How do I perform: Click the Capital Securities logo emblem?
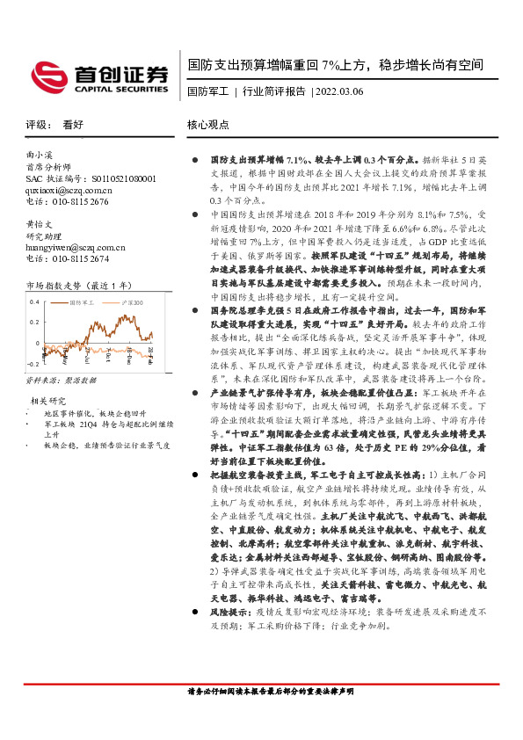click(46, 76)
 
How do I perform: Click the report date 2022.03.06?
click(338, 91)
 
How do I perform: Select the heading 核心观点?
click(207, 125)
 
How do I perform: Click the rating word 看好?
click(74, 125)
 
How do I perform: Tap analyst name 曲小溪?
click(39, 154)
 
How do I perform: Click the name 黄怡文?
click(39, 224)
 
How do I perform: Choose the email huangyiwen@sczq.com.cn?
click(76, 247)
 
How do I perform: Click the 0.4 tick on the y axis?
click(34, 301)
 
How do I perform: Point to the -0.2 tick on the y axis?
click(33, 362)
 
